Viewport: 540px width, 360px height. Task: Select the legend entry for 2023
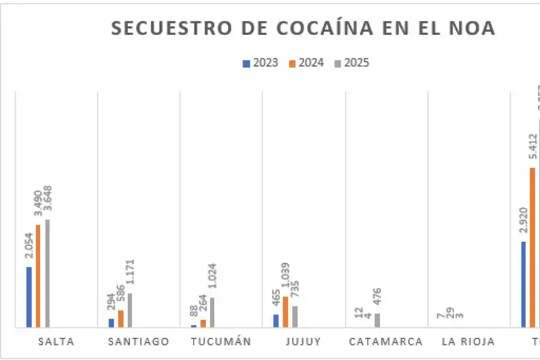(260, 62)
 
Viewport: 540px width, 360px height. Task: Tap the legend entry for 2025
(352, 62)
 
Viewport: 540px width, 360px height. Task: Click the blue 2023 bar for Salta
(29, 297)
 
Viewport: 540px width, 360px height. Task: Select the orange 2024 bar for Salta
(38, 276)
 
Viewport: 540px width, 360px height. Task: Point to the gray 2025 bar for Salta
(47, 274)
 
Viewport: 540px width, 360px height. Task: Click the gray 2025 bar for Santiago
(130, 310)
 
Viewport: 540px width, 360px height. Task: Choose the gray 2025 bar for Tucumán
(212, 312)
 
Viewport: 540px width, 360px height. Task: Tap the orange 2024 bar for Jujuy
(286, 312)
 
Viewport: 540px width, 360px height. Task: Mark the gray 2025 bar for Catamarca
(377, 320)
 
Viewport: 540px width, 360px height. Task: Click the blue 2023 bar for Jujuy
(276, 321)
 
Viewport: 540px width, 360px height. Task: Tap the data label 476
(378, 298)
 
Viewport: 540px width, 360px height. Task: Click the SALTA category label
(56, 342)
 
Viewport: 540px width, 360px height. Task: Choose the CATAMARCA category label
(386, 342)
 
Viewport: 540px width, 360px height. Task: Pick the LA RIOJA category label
(468, 342)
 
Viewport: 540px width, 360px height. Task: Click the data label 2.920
(523, 222)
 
